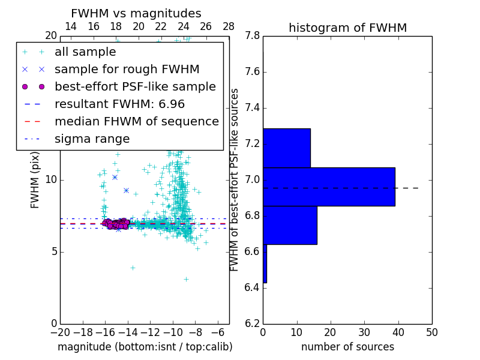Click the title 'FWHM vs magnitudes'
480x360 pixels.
[x=136, y=14]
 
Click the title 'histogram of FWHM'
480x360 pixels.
[x=347, y=28]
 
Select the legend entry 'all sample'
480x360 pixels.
[x=85, y=52]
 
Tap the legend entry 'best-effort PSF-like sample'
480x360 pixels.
[x=135, y=87]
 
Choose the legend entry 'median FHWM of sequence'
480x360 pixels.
[x=136, y=122]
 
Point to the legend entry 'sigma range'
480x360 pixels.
[x=92, y=139]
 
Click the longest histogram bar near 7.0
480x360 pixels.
[x=329, y=187]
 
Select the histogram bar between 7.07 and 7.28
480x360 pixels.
[x=286, y=148]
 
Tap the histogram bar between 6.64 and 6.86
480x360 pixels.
[x=290, y=225]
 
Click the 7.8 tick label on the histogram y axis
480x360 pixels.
[x=252, y=36]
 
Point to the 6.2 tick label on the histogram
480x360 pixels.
[x=252, y=324]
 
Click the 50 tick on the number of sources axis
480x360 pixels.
[x=431, y=332]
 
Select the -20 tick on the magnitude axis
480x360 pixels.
[x=60, y=332]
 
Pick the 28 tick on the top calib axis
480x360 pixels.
[x=229, y=26]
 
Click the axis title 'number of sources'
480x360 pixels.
[x=347, y=347]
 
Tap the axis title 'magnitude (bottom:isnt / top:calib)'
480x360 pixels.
[x=145, y=347]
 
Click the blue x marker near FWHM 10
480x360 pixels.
[x=115, y=177]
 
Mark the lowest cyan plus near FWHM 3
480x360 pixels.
[x=186, y=279]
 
